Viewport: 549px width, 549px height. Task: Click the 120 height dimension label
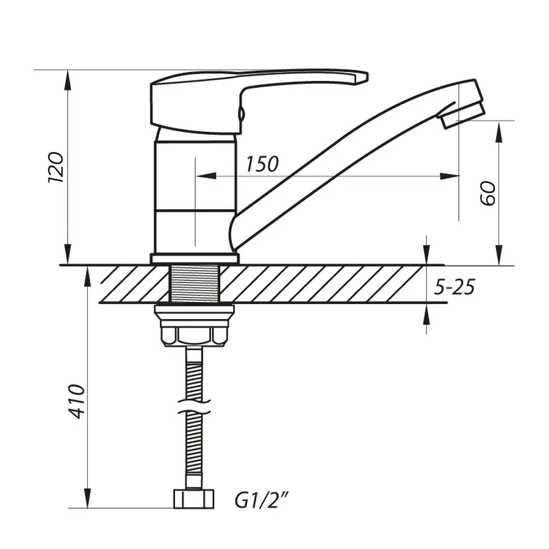pyautogui.click(x=56, y=167)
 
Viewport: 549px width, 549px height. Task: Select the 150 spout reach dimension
pyautogui.click(x=262, y=163)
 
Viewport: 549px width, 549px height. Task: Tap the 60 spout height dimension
pyautogui.click(x=488, y=192)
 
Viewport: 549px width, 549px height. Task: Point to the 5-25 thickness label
pyautogui.click(x=454, y=286)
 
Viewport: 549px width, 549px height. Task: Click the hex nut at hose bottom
pyautogui.click(x=194, y=498)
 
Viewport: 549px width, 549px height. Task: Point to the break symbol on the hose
pyautogui.click(x=194, y=407)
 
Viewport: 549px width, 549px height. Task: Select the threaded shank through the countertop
pyautogui.click(x=194, y=284)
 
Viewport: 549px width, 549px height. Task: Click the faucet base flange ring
pyautogui.click(x=194, y=258)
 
